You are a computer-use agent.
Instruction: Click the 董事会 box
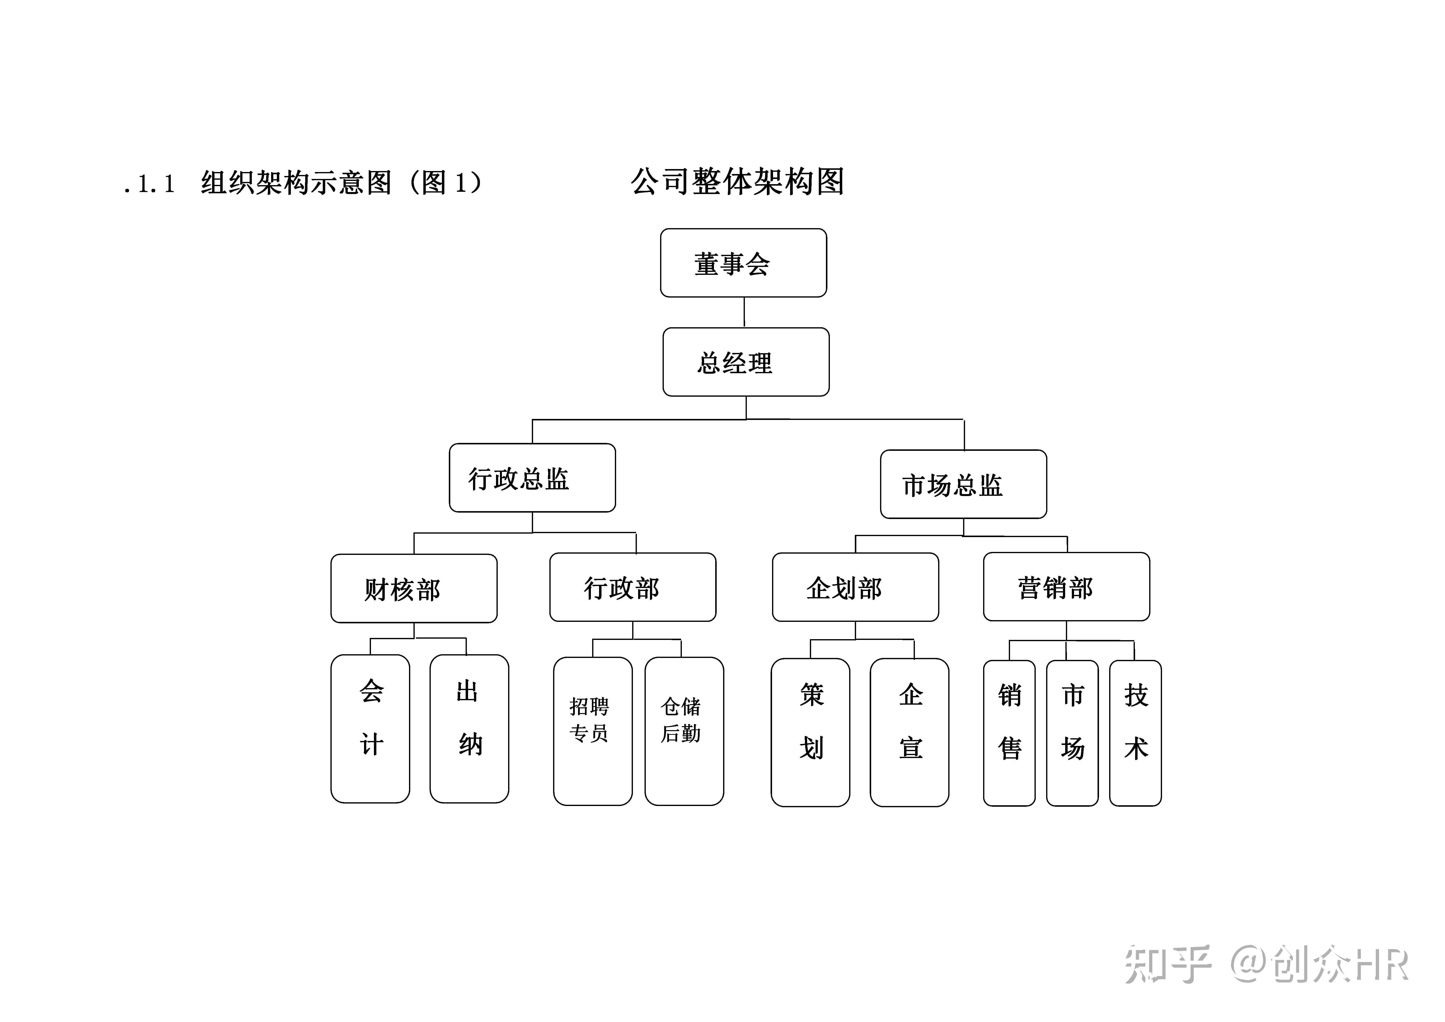(743, 263)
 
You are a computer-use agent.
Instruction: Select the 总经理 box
(746, 362)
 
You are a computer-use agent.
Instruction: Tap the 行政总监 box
(532, 478)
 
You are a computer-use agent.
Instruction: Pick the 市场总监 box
(963, 484)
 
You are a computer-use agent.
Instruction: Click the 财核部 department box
(413, 588)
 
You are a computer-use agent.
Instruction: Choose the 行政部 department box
(632, 587)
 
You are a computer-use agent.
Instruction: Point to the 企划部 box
(855, 587)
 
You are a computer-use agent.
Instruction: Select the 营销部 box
(1066, 587)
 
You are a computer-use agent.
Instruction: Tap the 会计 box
(370, 729)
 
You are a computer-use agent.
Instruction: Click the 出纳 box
(469, 729)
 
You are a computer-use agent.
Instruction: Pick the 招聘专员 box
(592, 731)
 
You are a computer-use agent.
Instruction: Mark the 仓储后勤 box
(684, 731)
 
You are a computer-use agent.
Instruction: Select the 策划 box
(810, 733)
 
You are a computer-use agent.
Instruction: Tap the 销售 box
(1009, 733)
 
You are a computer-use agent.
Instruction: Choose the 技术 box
(1135, 733)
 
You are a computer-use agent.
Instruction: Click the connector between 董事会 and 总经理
(745, 312)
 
